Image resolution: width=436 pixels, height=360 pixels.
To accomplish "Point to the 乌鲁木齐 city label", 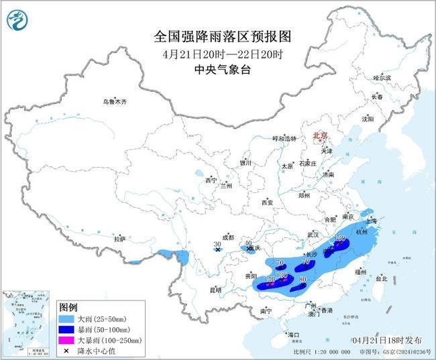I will (x=114, y=102).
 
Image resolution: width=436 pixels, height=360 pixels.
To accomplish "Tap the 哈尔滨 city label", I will (x=381, y=78).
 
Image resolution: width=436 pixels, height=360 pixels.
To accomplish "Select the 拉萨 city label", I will (x=119, y=239).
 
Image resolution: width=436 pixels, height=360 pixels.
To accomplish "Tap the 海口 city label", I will (x=292, y=334).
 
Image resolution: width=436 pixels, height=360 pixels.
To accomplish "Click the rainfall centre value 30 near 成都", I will (x=217, y=244).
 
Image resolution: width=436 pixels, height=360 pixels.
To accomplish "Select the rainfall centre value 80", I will (x=303, y=280).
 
